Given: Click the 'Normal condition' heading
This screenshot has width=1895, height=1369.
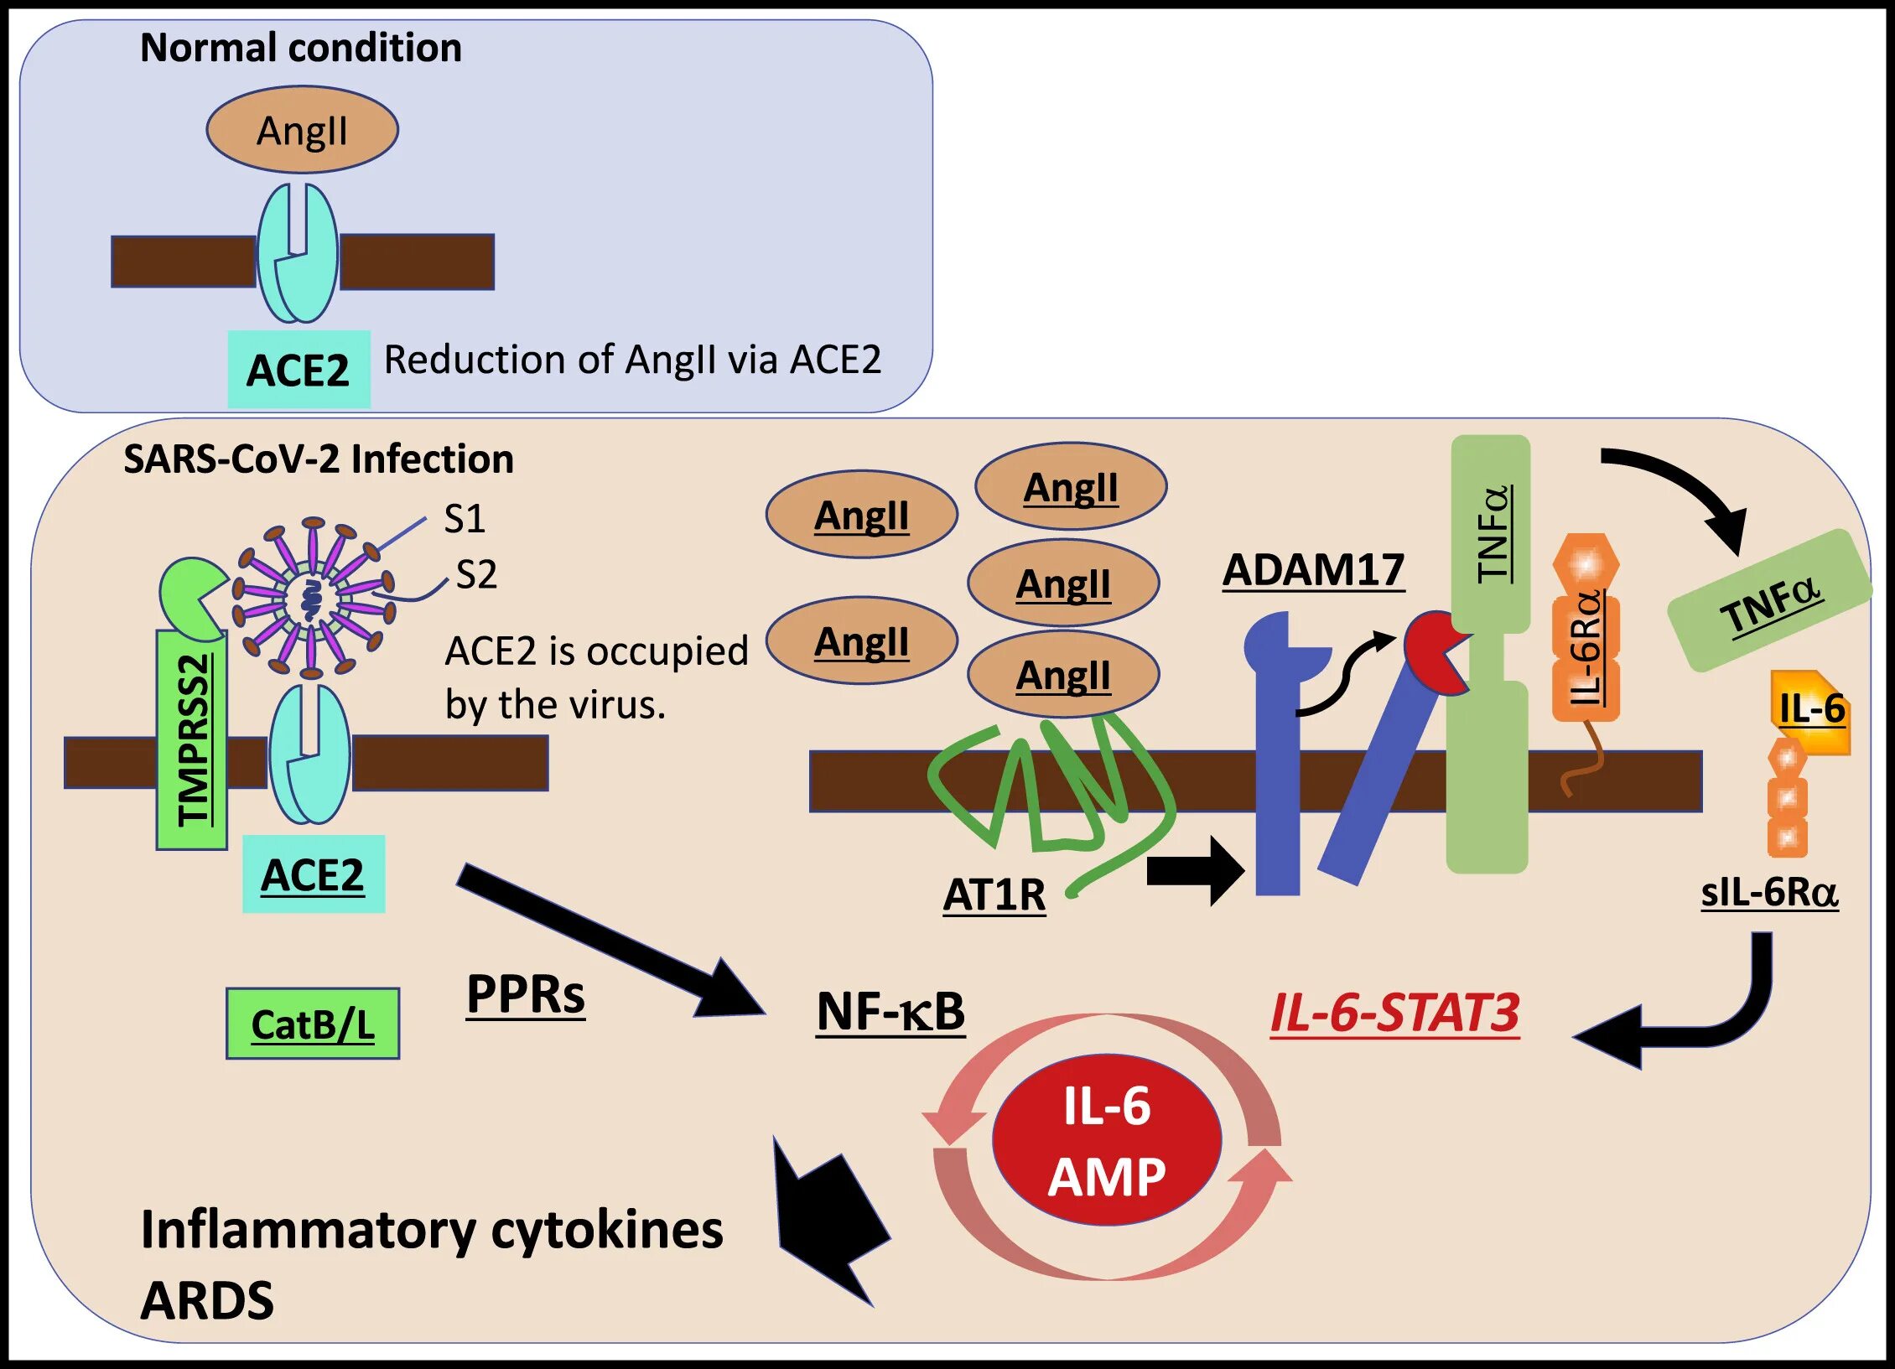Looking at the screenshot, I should (300, 48).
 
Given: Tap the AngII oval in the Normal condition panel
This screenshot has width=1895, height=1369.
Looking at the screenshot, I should (302, 130).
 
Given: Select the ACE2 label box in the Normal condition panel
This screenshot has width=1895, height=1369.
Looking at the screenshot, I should (299, 370).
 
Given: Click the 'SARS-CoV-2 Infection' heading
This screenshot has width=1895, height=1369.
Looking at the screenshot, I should (319, 459).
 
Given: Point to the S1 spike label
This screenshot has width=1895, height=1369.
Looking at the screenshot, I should (465, 518).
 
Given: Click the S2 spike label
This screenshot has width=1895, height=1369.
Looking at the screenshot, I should (476, 574).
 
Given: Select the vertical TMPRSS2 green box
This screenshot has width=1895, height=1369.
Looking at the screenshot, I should (192, 739).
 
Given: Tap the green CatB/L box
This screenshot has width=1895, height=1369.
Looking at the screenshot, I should (313, 1024).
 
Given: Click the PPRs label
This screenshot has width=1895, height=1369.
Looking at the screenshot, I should (526, 995).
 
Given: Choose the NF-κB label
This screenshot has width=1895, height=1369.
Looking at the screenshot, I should (890, 1012).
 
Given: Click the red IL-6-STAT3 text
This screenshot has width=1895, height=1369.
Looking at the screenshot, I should (1394, 1013).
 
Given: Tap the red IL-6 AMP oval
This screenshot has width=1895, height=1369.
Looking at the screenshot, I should (1107, 1140).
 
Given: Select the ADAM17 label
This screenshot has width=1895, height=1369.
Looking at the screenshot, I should (1313, 571).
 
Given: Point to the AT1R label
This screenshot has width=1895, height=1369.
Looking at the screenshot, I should (994, 895).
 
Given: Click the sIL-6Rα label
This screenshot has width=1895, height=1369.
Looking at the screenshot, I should (1769, 891).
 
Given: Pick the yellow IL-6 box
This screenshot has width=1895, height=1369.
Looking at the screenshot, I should (1811, 711).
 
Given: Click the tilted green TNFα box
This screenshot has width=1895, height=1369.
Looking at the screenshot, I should (1769, 601).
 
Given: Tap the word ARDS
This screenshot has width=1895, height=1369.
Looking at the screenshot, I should (207, 1300).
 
